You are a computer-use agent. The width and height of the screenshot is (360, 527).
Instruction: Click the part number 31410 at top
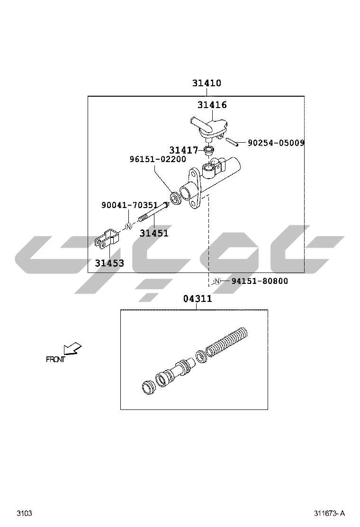(x=207, y=83)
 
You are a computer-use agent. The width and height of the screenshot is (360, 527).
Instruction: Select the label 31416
(x=212, y=105)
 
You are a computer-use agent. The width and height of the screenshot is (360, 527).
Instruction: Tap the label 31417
(x=183, y=150)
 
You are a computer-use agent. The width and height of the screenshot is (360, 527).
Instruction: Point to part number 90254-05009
(x=276, y=143)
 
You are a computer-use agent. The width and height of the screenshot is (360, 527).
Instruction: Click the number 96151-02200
(x=158, y=159)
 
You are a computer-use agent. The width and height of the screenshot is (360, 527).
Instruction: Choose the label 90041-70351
(x=130, y=205)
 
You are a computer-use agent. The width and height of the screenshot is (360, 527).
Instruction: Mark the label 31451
(x=154, y=233)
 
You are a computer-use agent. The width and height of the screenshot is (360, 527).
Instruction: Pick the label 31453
(x=109, y=263)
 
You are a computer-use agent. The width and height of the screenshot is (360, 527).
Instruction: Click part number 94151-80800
(x=260, y=281)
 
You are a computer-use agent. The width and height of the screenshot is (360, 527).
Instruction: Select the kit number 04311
(x=198, y=299)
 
